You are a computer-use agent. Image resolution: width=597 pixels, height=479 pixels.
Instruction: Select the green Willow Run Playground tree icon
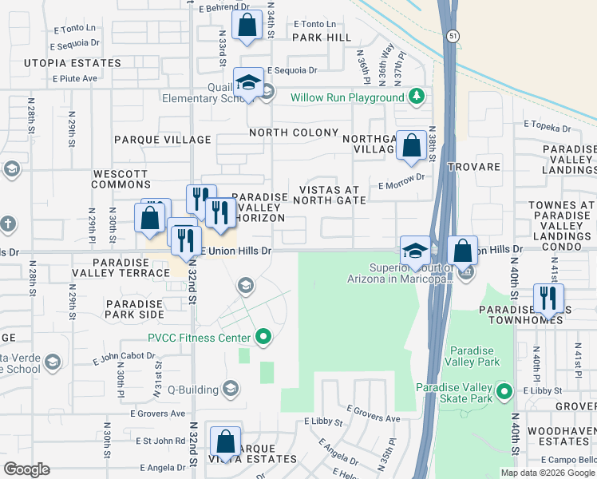click(415, 97)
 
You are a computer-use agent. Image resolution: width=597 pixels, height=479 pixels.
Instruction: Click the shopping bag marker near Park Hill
click(247, 26)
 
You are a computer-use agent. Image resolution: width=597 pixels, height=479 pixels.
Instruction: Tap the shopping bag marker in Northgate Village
click(411, 147)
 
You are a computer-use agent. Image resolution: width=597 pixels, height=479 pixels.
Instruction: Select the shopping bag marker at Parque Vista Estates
click(226, 442)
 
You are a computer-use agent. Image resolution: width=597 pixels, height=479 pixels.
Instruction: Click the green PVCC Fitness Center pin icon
click(261, 338)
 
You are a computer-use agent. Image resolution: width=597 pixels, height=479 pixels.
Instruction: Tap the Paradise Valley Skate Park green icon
click(504, 391)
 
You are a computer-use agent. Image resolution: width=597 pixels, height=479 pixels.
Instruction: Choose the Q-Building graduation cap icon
click(231, 389)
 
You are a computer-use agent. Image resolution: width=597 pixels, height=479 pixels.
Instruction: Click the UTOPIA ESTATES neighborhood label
click(73, 63)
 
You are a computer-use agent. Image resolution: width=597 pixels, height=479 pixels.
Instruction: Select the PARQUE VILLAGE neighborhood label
click(163, 140)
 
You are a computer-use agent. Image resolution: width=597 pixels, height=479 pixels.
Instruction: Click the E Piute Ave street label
click(75, 78)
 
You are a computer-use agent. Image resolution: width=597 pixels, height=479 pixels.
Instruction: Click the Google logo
click(26, 469)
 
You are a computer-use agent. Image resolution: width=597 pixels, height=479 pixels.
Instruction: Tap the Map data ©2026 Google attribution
click(548, 473)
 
